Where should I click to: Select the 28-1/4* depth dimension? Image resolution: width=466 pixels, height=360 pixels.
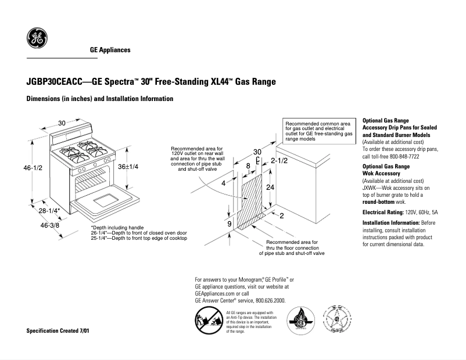coord(49,211)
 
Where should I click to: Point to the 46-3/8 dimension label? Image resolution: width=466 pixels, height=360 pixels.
coord(51,225)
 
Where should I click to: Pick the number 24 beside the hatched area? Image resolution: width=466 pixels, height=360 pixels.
coord(270,188)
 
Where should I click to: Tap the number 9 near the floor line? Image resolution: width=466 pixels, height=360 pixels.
coord(230,223)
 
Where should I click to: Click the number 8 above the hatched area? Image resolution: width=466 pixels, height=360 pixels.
coord(249,166)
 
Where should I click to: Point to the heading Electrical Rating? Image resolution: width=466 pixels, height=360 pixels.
coord(382,213)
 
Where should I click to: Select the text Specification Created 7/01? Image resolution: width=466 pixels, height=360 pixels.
coord(59,331)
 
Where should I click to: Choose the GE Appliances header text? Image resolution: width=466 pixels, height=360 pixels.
coord(110,50)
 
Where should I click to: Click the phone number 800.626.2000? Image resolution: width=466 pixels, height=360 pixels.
coord(268,300)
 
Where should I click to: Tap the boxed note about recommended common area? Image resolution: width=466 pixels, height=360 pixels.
coord(320,131)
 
